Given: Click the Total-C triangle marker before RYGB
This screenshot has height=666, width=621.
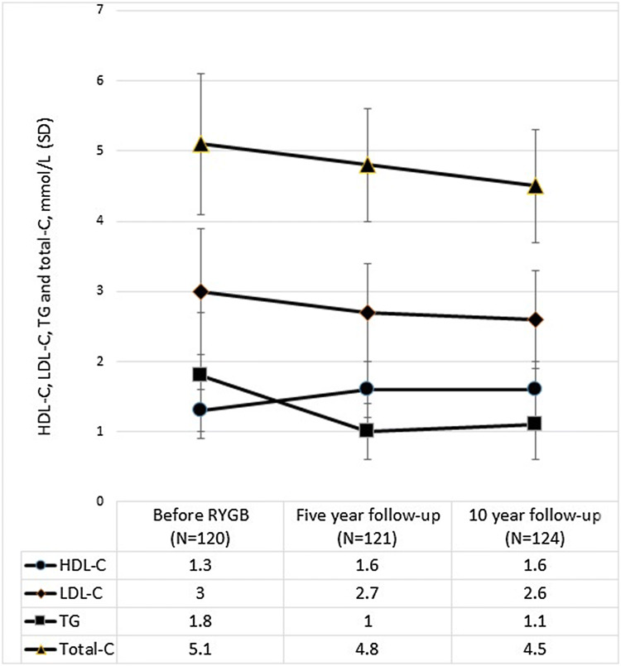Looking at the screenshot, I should click(x=200, y=144).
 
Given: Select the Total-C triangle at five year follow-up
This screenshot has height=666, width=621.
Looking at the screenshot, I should click(x=368, y=165).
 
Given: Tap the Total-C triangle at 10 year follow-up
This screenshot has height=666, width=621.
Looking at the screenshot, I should click(x=535, y=186).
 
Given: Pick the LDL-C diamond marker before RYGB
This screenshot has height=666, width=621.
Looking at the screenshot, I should click(x=200, y=291).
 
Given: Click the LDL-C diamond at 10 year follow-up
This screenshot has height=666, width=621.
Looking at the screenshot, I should click(x=535, y=319).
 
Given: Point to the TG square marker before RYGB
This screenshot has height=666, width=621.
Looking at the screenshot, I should click(x=200, y=375).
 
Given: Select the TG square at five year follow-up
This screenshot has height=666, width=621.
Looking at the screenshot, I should click(x=368, y=430).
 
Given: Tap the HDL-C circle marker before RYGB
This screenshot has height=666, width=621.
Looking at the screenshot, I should click(x=200, y=410).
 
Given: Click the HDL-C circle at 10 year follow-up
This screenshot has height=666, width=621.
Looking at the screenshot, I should click(x=535, y=388).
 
